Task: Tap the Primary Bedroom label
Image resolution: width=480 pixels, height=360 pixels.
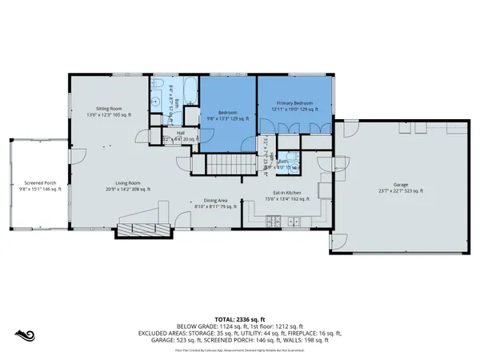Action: [294, 104]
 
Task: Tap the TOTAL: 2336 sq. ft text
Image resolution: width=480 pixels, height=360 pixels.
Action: [240, 318]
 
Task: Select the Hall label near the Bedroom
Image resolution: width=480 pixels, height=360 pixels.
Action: [181, 134]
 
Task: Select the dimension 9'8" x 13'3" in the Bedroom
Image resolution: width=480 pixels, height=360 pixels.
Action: [228, 118]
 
